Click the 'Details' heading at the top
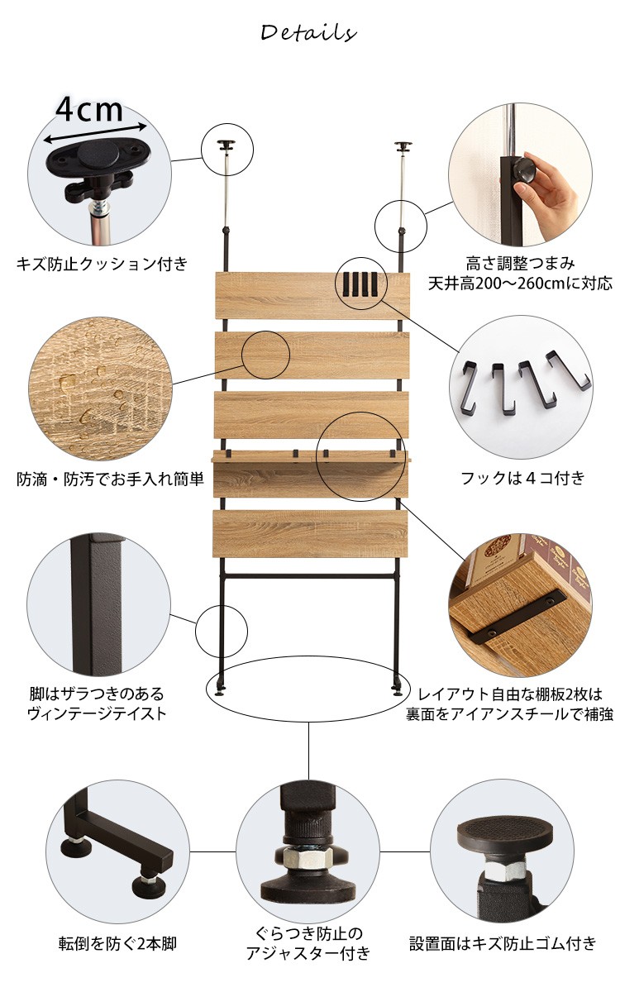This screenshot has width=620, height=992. point(308,33)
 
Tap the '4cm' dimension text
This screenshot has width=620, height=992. point(89,109)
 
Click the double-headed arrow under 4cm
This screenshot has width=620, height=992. point(95,133)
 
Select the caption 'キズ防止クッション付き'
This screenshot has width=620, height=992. point(103,264)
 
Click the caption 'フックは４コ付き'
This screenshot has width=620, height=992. point(522,478)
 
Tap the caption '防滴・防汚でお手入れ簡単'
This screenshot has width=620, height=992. point(110,479)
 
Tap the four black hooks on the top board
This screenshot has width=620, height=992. point(361,284)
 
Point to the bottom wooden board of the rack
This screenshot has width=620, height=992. point(310,534)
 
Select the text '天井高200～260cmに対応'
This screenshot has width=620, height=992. point(520,283)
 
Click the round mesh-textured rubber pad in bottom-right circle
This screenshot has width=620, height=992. point(505,834)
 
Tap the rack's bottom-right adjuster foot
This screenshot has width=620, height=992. point(397,686)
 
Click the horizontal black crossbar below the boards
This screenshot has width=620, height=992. point(310,577)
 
